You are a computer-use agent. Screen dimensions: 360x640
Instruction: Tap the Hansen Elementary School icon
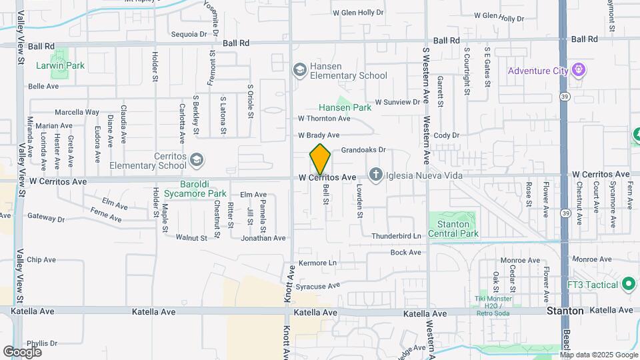click(x=299, y=70)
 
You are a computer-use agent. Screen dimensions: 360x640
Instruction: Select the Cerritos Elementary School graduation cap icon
click(x=197, y=160)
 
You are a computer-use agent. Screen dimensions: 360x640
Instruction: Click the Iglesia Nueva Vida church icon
click(x=375, y=177)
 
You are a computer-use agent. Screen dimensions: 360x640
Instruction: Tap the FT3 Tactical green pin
click(x=628, y=285)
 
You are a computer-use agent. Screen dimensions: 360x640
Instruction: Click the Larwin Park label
click(x=61, y=66)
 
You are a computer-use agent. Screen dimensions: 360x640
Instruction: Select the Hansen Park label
click(x=344, y=107)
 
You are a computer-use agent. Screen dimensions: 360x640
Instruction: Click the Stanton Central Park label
click(x=453, y=229)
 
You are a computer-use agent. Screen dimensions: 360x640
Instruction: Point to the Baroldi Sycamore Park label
click(x=204, y=189)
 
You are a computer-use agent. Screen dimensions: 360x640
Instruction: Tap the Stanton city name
click(x=565, y=311)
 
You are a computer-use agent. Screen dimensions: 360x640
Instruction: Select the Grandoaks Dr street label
click(x=364, y=151)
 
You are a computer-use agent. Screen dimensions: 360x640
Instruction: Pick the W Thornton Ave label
click(x=324, y=119)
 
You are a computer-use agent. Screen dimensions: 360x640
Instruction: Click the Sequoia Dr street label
click(x=189, y=34)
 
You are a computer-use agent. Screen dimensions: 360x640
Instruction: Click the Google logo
click(x=22, y=351)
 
